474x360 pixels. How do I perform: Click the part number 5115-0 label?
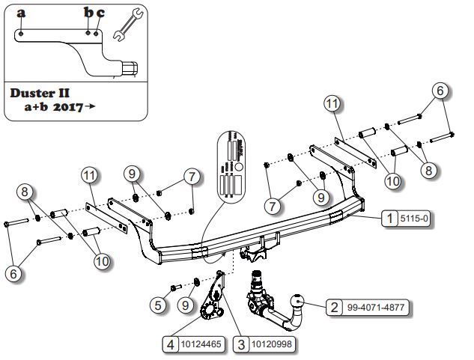(416, 219)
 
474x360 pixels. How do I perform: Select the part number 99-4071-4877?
(378, 306)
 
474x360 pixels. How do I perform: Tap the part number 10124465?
(200, 344)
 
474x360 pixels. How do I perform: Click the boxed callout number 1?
(389, 219)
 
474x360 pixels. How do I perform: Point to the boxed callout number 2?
(333, 306)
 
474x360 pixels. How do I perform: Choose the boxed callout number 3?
(240, 344)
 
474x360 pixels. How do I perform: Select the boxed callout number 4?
(171, 344)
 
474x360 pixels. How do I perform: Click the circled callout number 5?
(157, 305)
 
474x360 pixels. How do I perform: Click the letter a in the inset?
(21, 13)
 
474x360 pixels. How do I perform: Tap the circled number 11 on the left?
(90, 177)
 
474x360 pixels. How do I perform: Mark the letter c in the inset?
(100, 13)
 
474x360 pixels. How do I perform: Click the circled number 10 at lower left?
(102, 261)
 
